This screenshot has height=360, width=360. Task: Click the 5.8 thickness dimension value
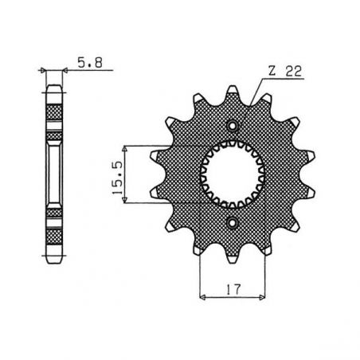tap(86, 59)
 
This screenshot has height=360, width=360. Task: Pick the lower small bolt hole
tap(232, 223)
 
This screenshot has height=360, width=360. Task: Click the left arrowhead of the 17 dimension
tap(202, 295)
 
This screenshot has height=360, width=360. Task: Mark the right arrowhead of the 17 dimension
tap(263, 295)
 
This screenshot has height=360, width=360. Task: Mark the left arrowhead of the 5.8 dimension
tap(46, 71)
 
